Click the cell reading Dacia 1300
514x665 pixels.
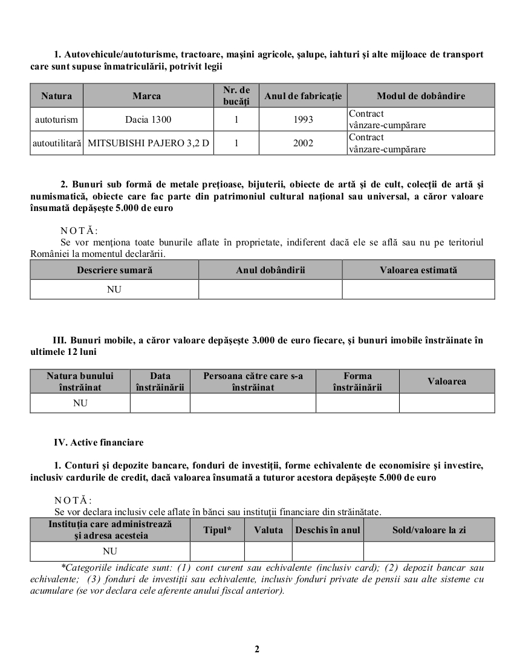point(148,120)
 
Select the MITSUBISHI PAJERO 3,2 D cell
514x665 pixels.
point(148,144)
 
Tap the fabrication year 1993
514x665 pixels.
point(303,120)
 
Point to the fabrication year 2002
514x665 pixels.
point(303,144)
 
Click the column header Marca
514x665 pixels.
point(147,96)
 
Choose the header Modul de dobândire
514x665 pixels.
point(421,96)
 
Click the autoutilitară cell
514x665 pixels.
point(57,144)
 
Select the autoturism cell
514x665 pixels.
point(57,120)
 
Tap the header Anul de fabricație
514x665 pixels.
point(303,96)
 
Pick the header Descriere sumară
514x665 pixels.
point(114,270)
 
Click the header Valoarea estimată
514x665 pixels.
point(418,270)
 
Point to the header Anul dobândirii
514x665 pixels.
point(270,270)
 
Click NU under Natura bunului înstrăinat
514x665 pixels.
point(80,403)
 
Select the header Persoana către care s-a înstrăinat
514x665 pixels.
point(253,381)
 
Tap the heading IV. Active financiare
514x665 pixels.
point(99,443)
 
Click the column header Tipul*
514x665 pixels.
point(217,530)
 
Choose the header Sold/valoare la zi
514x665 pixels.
point(429,530)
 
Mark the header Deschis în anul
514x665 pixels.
point(328,530)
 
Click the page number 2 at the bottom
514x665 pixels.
point(257,649)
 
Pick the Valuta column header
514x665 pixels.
point(268,530)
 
